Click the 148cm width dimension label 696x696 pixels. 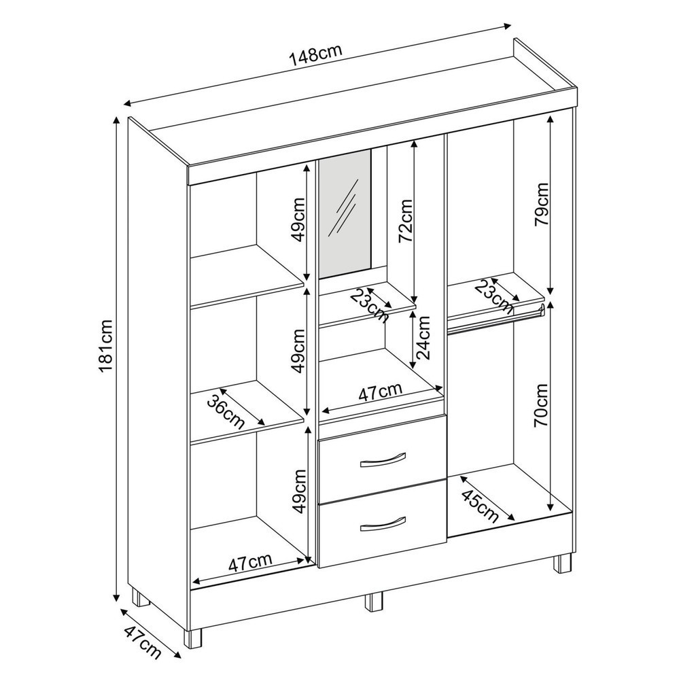pyautogui.click(x=315, y=53)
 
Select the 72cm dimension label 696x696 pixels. pyautogui.click(x=405, y=221)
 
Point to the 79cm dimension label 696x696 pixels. pyautogui.click(x=541, y=204)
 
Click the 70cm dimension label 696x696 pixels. pyautogui.click(x=541, y=405)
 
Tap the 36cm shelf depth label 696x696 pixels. pyautogui.click(x=226, y=411)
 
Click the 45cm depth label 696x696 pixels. pyautogui.click(x=481, y=506)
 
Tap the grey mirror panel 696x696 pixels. pyautogui.click(x=345, y=214)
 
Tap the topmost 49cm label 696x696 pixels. pyautogui.click(x=298, y=220)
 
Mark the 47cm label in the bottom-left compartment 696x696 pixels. pyautogui.click(x=250, y=563)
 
